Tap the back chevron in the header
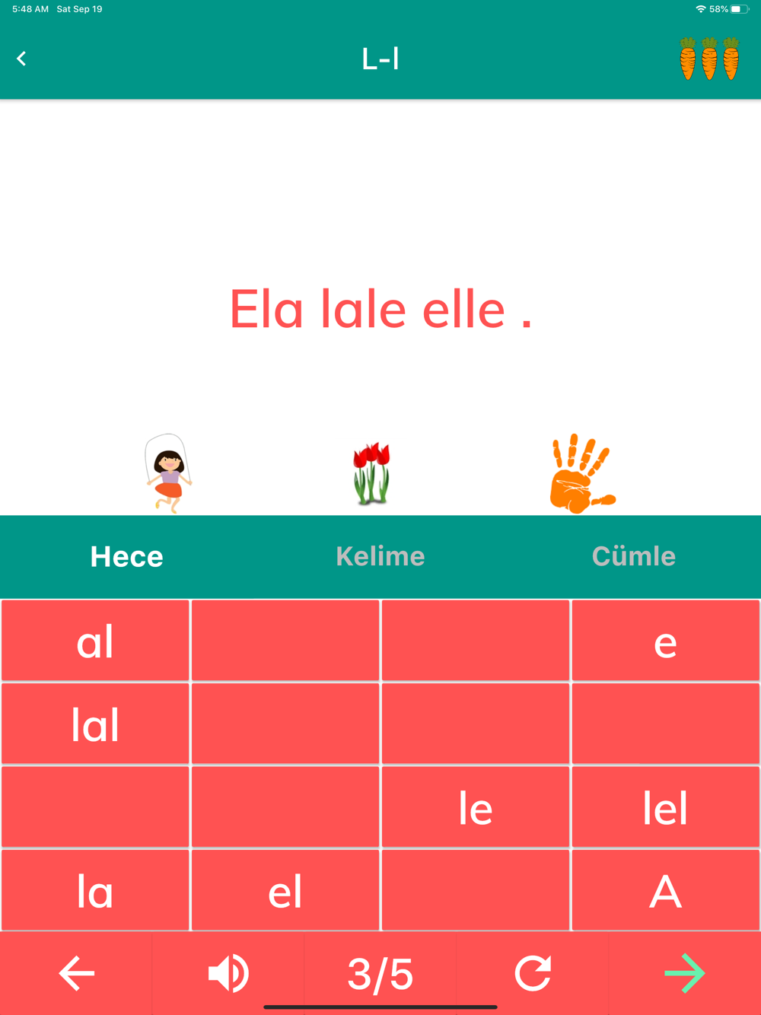(21, 59)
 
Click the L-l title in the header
(380, 59)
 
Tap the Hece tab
(126, 556)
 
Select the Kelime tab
(380, 556)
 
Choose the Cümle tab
(633, 555)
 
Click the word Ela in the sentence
(266, 308)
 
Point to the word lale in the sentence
(364, 308)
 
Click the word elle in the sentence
(463, 308)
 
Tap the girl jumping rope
(168, 473)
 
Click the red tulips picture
(371, 473)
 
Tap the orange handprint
(582, 473)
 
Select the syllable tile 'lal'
(95, 724)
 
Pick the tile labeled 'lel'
(665, 807)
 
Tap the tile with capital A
(665, 890)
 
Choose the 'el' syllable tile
(285, 890)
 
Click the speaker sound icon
(228, 973)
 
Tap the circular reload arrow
(533, 973)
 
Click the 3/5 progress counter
(380, 974)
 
